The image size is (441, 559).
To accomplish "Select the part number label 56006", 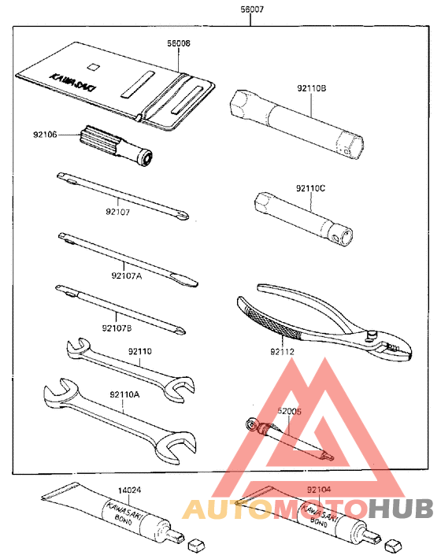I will [178, 45].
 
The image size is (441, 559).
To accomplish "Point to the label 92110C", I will [311, 187].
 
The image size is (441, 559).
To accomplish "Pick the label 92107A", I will [126, 275].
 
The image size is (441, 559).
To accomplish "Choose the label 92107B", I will [117, 328].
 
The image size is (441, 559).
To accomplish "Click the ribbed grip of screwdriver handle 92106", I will [94, 140].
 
